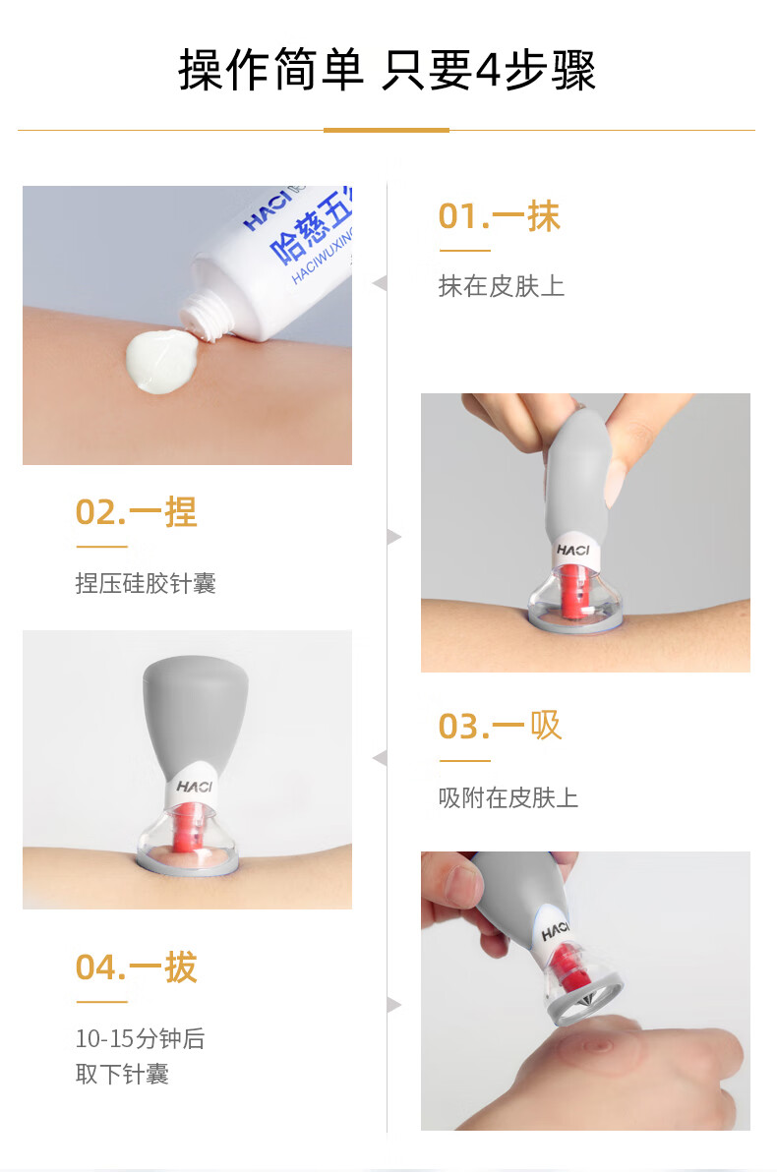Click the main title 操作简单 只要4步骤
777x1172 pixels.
coord(387,70)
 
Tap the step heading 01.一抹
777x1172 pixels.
coord(499,216)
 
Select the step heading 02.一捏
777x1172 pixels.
coord(136,512)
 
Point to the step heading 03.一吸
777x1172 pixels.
coord(500,726)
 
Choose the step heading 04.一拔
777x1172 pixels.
coord(136,967)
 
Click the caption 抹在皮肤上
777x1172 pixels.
coord(501,285)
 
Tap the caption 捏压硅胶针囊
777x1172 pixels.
coord(146,583)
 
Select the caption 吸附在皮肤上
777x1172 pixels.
coord(508,797)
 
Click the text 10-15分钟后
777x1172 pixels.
coord(140,1038)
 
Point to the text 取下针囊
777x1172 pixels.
coord(122,1074)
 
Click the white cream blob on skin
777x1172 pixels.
coord(161,360)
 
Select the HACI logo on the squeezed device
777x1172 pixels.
coord(572,551)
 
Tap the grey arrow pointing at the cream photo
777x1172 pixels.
coord(379,283)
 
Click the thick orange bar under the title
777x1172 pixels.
coord(386,130)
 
